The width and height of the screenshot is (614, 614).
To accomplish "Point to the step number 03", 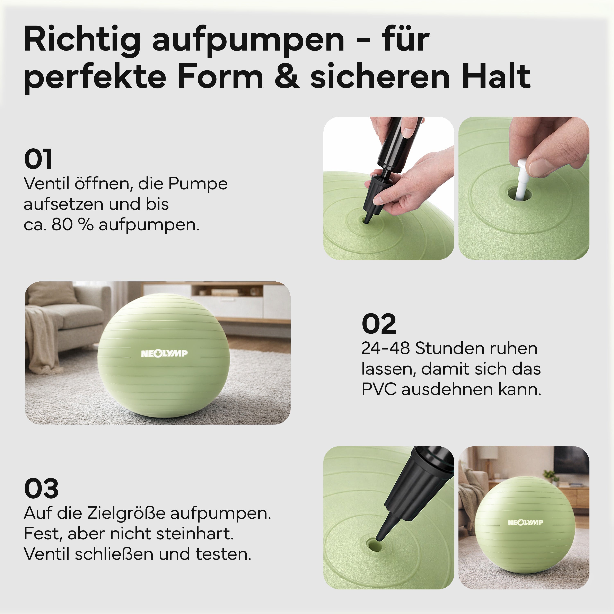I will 41,489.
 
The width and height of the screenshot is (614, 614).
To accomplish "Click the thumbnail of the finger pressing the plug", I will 524,188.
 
